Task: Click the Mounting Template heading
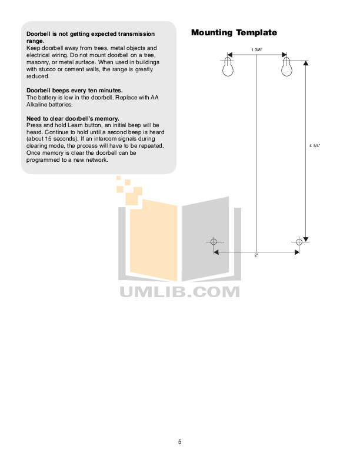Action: pos(234,32)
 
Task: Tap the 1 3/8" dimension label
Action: pos(256,49)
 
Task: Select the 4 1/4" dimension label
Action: pos(315,146)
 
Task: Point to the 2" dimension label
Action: pos(256,255)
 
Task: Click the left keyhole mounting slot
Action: pos(228,67)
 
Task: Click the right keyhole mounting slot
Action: pos(286,67)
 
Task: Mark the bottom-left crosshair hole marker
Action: pos(214,242)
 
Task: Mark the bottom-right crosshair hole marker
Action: pos(299,242)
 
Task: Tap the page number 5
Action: pos(179,442)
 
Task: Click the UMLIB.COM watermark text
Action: pos(179,292)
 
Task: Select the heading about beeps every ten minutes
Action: pos(75,91)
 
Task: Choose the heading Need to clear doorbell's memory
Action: pos(73,119)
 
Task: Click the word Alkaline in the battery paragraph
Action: pos(37,105)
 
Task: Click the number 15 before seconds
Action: pos(48,139)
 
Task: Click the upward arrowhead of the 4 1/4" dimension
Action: pos(306,63)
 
